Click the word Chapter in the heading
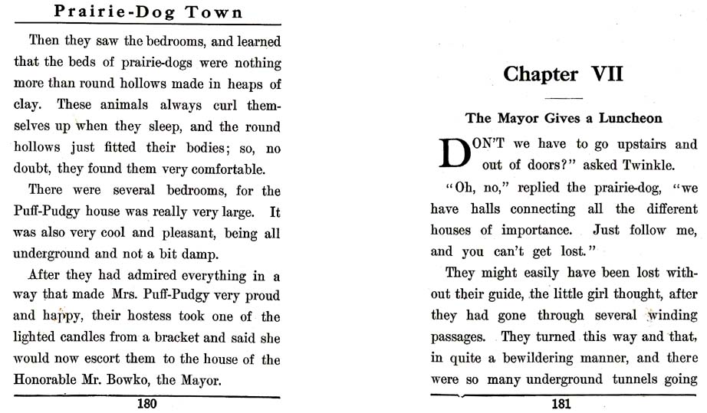click(541, 74)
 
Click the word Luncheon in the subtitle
click(627, 118)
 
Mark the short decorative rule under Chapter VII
click(564, 98)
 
